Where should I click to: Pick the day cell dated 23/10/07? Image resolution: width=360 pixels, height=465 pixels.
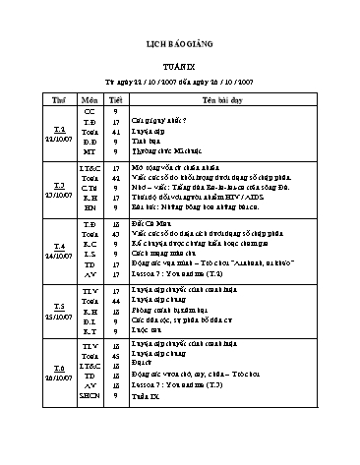[x=58, y=189]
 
